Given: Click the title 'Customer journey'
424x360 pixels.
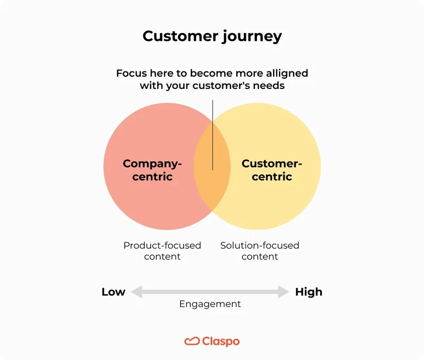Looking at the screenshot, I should tap(212, 36).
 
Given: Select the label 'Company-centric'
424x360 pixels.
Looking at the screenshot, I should tap(152, 170).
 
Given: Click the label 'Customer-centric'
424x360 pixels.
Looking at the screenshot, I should tap(272, 170).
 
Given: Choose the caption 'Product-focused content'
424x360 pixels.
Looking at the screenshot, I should tap(162, 251).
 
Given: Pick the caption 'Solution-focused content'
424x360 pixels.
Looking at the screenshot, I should tap(260, 251).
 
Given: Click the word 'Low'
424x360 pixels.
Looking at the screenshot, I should tap(113, 292).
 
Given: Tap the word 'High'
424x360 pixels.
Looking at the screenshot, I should tap(308, 292).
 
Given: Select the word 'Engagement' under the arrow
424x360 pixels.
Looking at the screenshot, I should tap(210, 304).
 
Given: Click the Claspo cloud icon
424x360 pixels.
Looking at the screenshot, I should tap(192, 341).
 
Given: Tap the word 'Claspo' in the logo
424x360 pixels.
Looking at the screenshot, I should tap(220, 341).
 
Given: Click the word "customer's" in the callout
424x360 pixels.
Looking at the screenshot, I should tap(219, 85).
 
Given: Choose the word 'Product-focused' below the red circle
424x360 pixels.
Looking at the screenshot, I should tap(162, 246).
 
